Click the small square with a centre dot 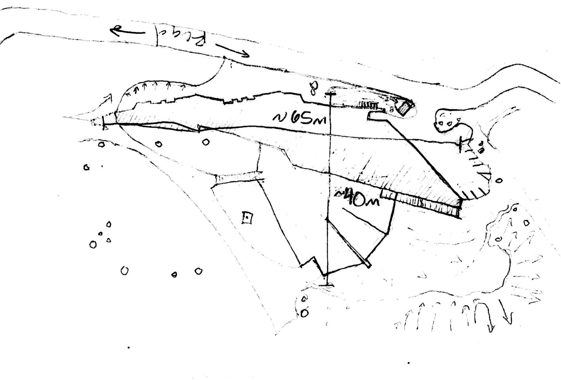click(x=247, y=218)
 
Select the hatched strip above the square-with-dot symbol click(x=237, y=178)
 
